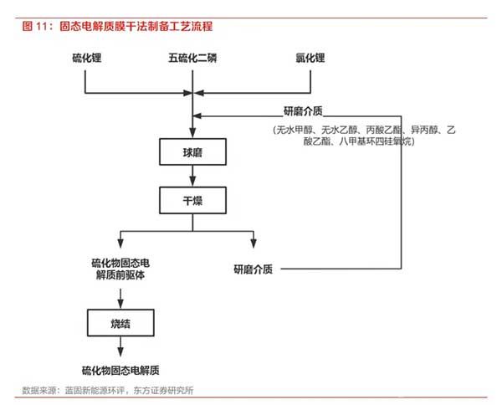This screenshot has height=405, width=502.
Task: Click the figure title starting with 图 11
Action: click(x=117, y=26)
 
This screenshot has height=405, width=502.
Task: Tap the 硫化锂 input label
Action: click(x=87, y=58)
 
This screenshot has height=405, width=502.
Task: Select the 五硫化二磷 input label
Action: click(x=192, y=58)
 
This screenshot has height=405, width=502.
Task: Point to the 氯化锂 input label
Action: click(x=310, y=58)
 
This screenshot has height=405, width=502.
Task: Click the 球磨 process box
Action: click(x=192, y=151)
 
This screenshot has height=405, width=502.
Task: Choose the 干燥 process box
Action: click(x=192, y=201)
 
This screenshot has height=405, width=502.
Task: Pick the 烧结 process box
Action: click(x=120, y=323)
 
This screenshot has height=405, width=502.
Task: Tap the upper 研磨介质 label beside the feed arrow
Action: click(x=303, y=111)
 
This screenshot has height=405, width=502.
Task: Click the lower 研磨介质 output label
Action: click(x=254, y=269)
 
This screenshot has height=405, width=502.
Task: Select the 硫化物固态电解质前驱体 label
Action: click(x=120, y=269)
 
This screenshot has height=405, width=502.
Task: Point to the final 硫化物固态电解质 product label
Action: click(x=120, y=371)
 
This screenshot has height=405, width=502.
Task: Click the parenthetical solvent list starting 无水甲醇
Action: click(x=364, y=136)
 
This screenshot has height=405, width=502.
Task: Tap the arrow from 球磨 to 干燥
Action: click(x=192, y=176)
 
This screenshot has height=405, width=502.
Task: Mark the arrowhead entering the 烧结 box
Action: click(x=120, y=304)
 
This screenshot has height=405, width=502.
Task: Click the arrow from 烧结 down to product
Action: click(x=120, y=346)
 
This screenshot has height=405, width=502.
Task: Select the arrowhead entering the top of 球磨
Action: click(x=192, y=132)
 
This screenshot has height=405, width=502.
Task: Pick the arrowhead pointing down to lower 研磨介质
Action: click(x=254, y=244)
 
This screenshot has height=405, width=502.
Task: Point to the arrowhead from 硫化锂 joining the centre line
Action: click(x=187, y=93)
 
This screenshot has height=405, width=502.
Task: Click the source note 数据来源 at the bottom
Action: click(x=108, y=390)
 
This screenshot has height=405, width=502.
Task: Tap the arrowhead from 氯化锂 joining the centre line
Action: click(x=198, y=93)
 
